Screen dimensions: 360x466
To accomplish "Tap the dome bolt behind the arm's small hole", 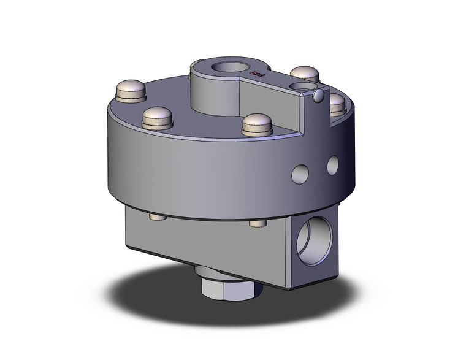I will pyautogui.click(x=304, y=73).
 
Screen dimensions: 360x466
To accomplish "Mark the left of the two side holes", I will pyautogui.click(x=300, y=172).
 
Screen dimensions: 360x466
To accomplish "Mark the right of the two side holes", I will pyautogui.click(x=333, y=164).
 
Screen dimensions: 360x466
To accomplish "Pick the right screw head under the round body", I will pyautogui.click(x=257, y=224).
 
